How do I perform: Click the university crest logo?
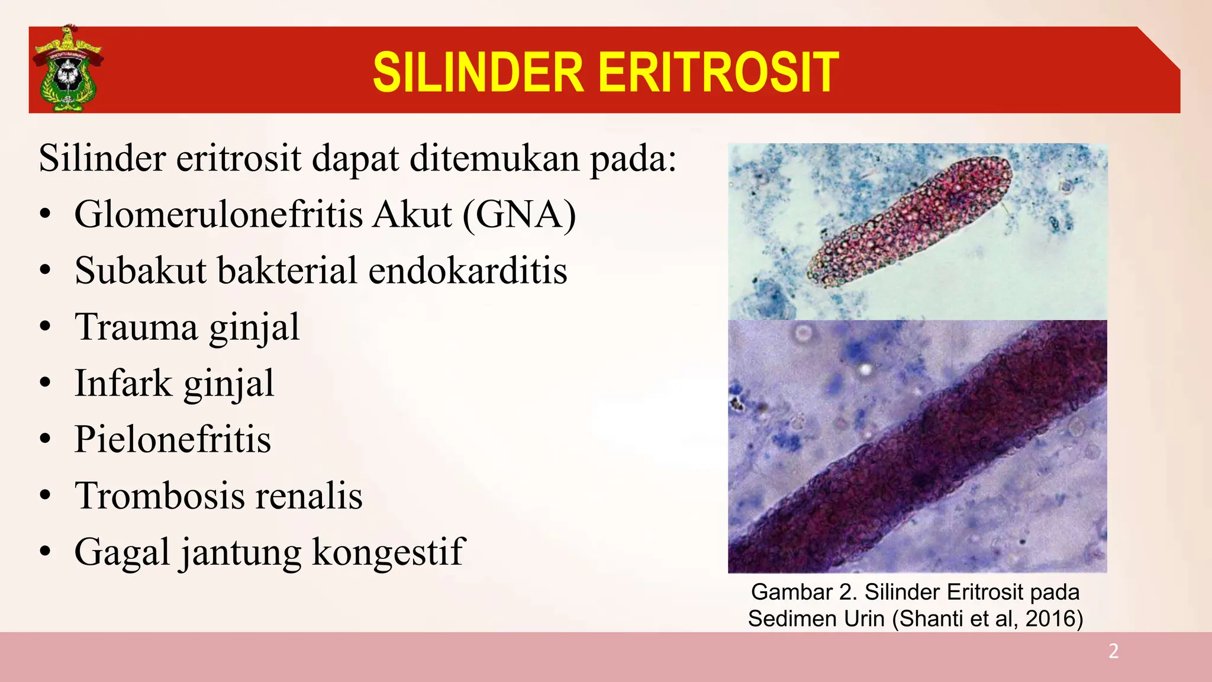point(67,69)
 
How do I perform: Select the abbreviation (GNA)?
point(519,214)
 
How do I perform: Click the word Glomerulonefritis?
point(218,214)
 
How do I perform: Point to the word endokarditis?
point(468,271)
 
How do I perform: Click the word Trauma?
point(136,327)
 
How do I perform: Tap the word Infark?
point(123,383)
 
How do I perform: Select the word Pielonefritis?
point(173,439)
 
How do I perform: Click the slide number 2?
point(1113,651)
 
